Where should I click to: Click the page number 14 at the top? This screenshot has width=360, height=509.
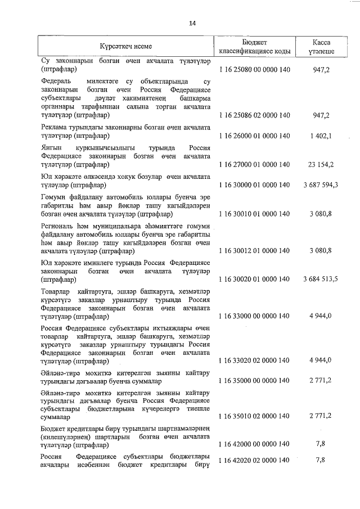coord(192,23)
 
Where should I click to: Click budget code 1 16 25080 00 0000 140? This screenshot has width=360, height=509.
coord(254,72)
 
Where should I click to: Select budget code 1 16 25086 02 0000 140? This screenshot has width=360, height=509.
coord(254,115)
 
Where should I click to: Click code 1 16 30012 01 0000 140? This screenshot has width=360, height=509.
coord(254,250)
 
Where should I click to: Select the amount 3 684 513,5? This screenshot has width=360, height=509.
coord(320,280)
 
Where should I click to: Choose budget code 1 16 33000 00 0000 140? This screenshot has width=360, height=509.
coord(254,316)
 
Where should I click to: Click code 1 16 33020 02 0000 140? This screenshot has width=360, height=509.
coord(254,360)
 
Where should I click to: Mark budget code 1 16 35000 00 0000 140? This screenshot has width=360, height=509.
coord(254,381)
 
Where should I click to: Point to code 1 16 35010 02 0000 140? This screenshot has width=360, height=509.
coord(254,416)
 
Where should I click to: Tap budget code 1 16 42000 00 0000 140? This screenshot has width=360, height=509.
coord(254,444)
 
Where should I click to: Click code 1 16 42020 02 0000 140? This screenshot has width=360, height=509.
coord(254,460)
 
